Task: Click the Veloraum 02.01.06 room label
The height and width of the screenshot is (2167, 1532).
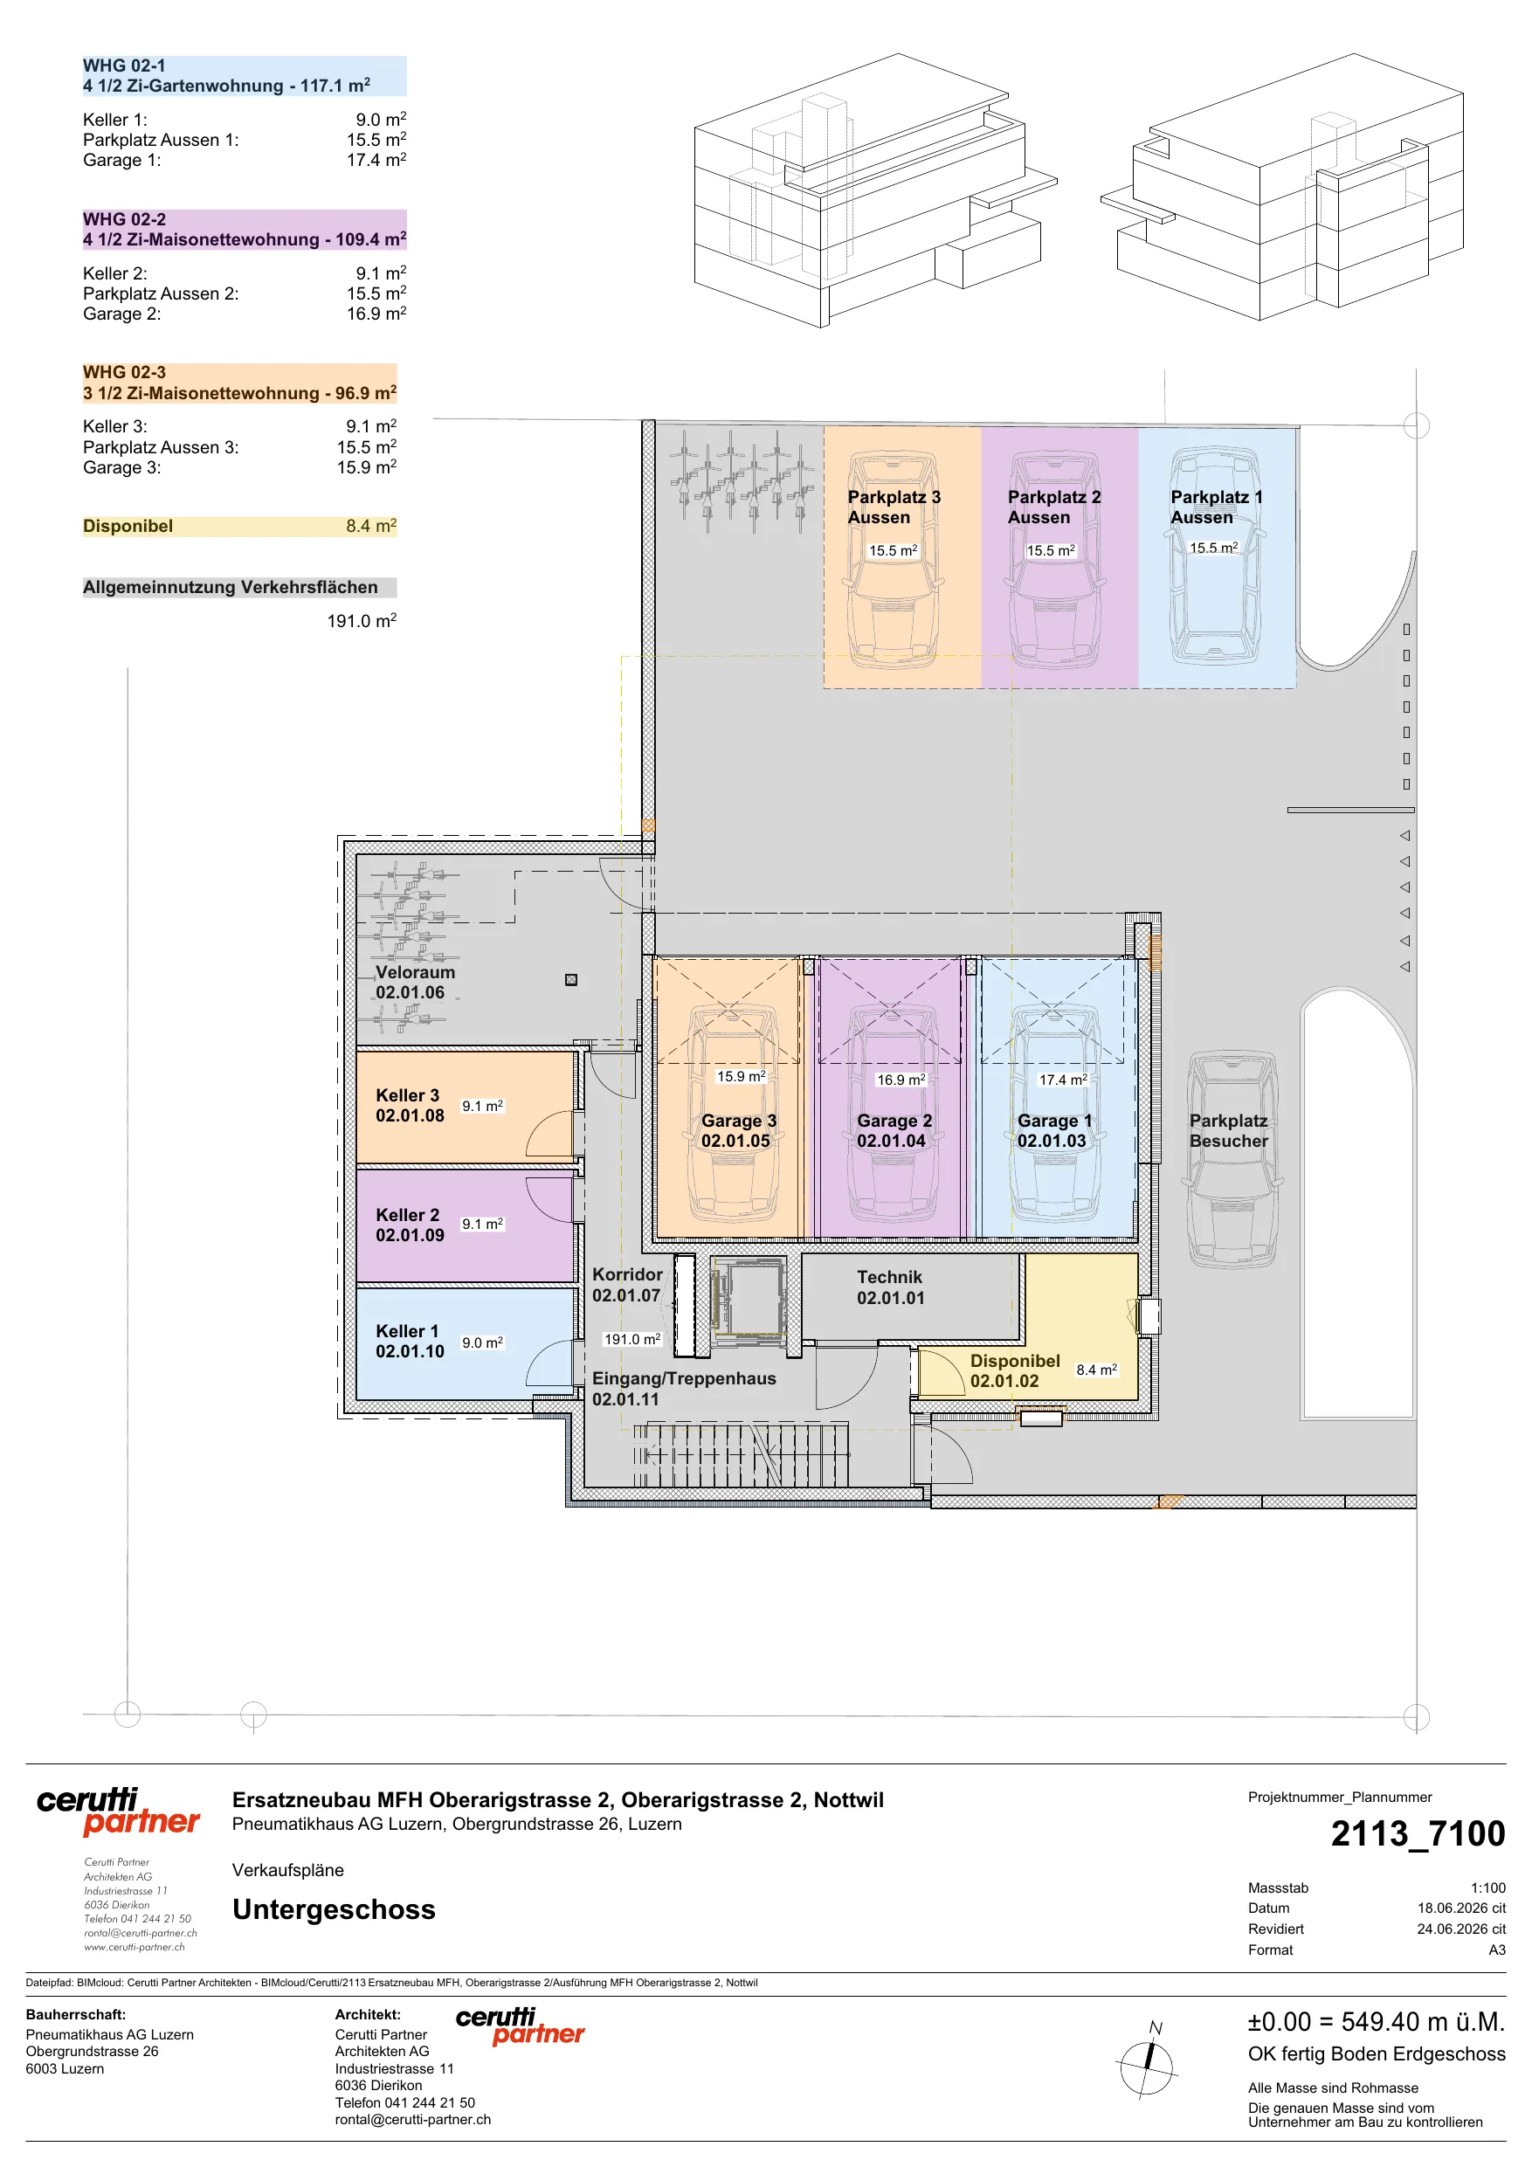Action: click(x=416, y=982)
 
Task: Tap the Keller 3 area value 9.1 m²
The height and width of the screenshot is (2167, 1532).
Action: click(x=482, y=1105)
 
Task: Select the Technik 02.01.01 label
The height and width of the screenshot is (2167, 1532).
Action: click(x=890, y=1287)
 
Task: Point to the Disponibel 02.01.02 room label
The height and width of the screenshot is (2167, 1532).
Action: click(x=1015, y=1370)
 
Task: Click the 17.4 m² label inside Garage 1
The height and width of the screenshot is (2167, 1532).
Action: click(x=1063, y=1079)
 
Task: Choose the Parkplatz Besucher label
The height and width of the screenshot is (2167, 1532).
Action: click(x=1228, y=1131)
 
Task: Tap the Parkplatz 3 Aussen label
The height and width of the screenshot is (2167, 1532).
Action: click(x=894, y=507)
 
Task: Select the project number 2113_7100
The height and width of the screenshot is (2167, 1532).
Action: click(x=1418, y=1834)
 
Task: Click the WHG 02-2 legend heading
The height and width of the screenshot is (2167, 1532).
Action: click(x=125, y=219)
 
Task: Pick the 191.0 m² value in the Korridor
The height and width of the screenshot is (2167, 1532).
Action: click(x=631, y=1338)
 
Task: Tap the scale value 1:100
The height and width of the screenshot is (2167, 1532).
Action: click(x=1487, y=1887)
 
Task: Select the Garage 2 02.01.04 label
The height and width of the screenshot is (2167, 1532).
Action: click(x=894, y=1131)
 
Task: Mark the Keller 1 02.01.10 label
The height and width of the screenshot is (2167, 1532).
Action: click(x=410, y=1341)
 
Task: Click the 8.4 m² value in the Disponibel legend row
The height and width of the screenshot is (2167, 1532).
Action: click(x=371, y=526)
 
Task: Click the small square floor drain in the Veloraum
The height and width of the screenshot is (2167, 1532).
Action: click(x=571, y=980)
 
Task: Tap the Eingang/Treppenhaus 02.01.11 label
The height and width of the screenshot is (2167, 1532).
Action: click(x=683, y=1389)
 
